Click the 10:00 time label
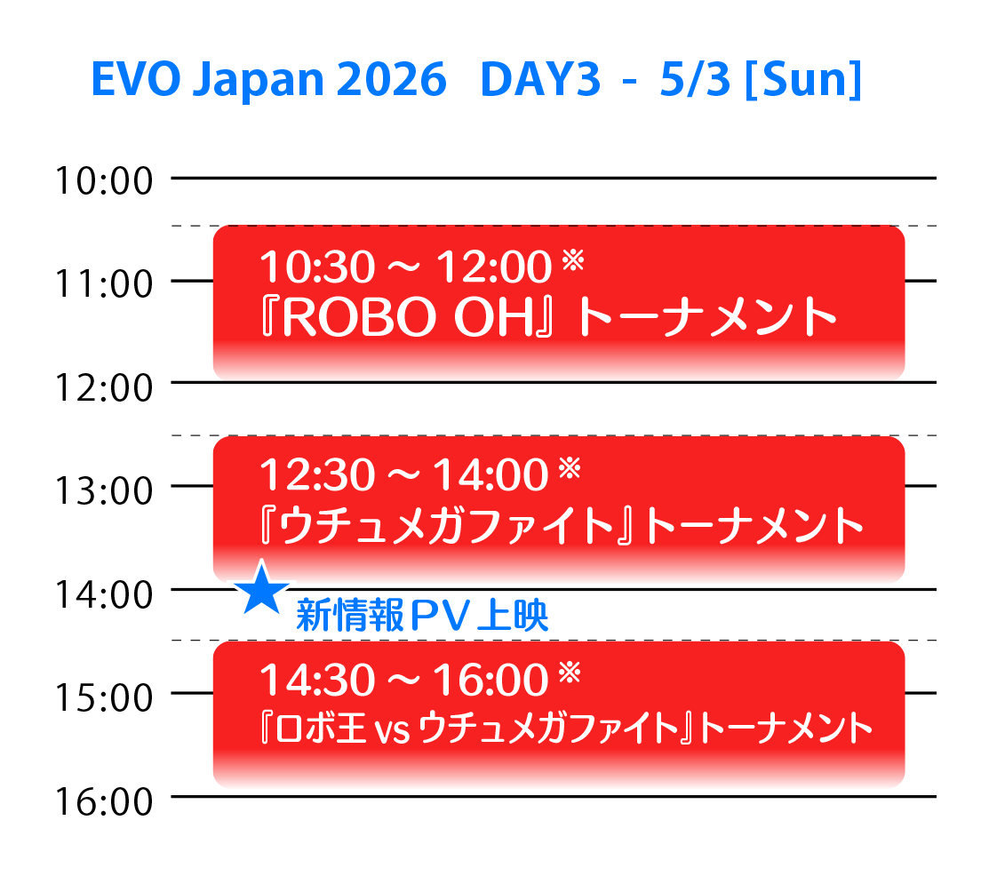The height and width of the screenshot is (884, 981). click(x=103, y=181)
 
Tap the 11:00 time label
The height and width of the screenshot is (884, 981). click(x=103, y=283)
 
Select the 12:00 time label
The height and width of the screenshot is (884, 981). click(x=103, y=386)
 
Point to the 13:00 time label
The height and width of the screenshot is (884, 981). click(x=103, y=489)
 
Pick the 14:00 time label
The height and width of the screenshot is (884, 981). click(x=103, y=592)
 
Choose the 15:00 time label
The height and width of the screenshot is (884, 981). click(x=103, y=695)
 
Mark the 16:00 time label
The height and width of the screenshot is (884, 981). click(x=103, y=800)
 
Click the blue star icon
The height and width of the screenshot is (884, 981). click(x=261, y=589)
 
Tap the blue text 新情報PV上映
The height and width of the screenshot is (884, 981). click(x=422, y=616)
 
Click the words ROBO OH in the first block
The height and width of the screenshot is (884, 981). click(x=391, y=318)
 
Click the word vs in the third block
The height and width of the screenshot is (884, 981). click(x=390, y=729)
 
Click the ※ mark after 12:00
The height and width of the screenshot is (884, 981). click(x=571, y=259)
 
